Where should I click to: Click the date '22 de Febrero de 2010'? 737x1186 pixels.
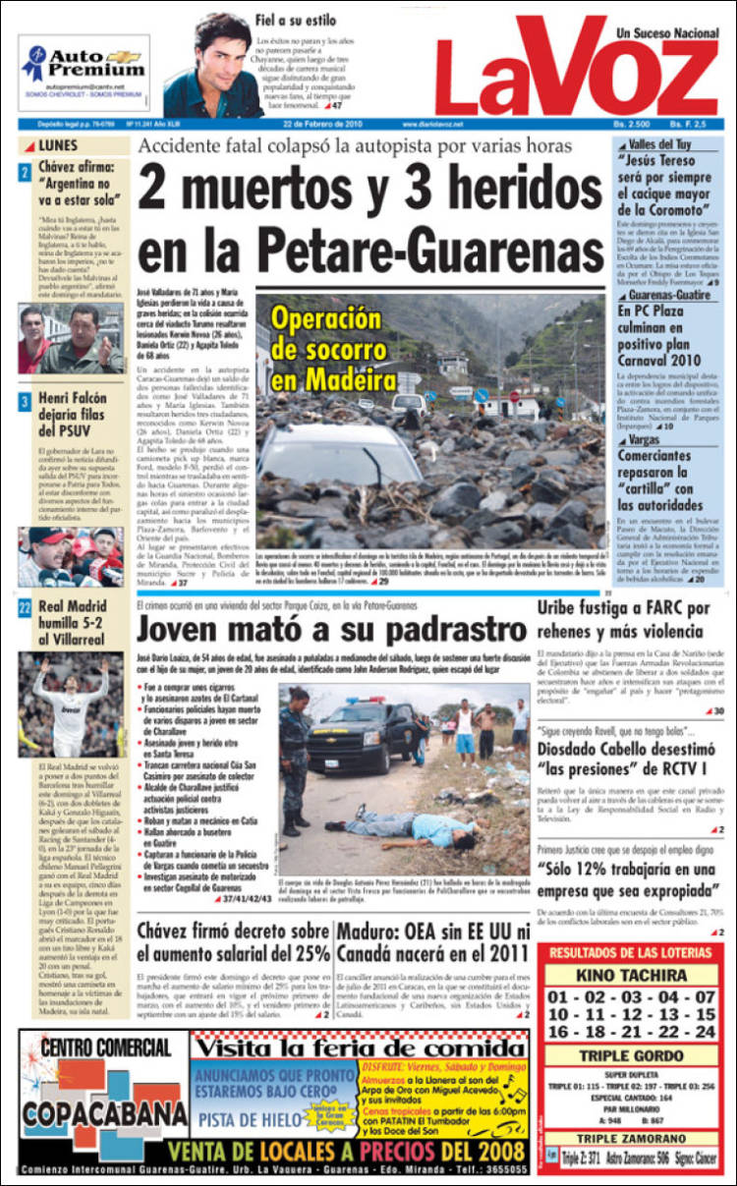323,125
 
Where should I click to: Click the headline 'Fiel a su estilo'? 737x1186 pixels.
295,20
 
